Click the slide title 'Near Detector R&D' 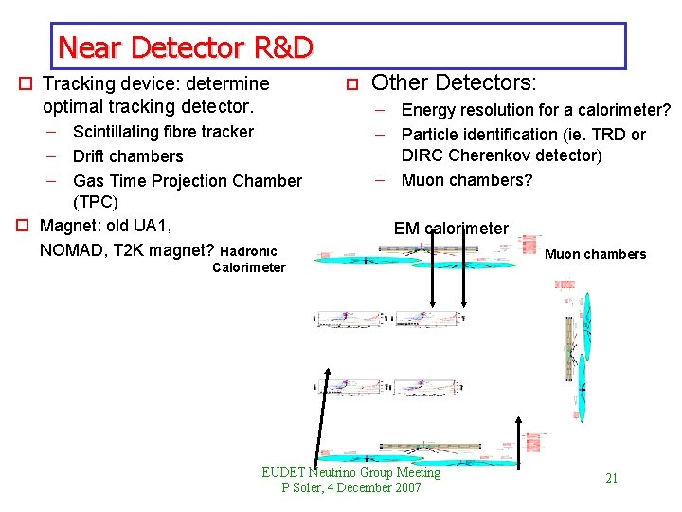tap(185, 46)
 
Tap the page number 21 tap(611, 478)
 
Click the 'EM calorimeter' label tap(451, 229)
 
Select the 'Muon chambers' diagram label tap(596, 254)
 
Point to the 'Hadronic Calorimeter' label tap(248, 259)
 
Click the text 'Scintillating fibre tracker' tap(163, 132)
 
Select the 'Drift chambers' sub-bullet tap(128, 156)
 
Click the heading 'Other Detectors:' tap(454, 83)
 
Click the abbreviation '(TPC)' tap(96, 203)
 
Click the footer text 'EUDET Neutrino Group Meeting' tap(351, 472)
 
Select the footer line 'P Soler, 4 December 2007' tap(351, 487)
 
